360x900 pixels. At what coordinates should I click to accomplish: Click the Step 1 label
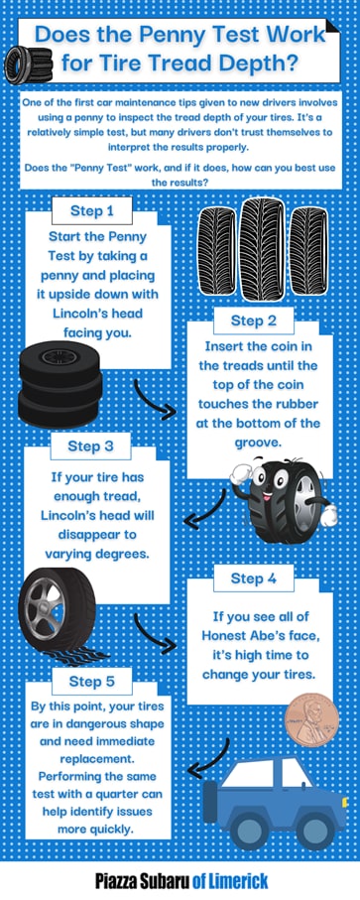coord(91,210)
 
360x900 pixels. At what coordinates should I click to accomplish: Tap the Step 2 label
coord(254,321)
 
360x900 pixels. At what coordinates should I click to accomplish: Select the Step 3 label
coord(90,446)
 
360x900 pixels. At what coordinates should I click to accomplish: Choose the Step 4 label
coord(254,578)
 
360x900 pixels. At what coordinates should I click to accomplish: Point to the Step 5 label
coord(91,682)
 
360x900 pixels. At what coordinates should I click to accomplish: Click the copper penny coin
coord(312,719)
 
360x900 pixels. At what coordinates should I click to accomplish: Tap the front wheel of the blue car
coord(313,832)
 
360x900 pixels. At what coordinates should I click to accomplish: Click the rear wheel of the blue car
coord(248,832)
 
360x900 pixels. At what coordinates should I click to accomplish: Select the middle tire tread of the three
coord(262,248)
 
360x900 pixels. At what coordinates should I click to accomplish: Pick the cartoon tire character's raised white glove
coord(241,474)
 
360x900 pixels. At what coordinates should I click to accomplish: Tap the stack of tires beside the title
coord(28,64)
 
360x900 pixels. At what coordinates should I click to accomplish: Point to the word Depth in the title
coord(264,62)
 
